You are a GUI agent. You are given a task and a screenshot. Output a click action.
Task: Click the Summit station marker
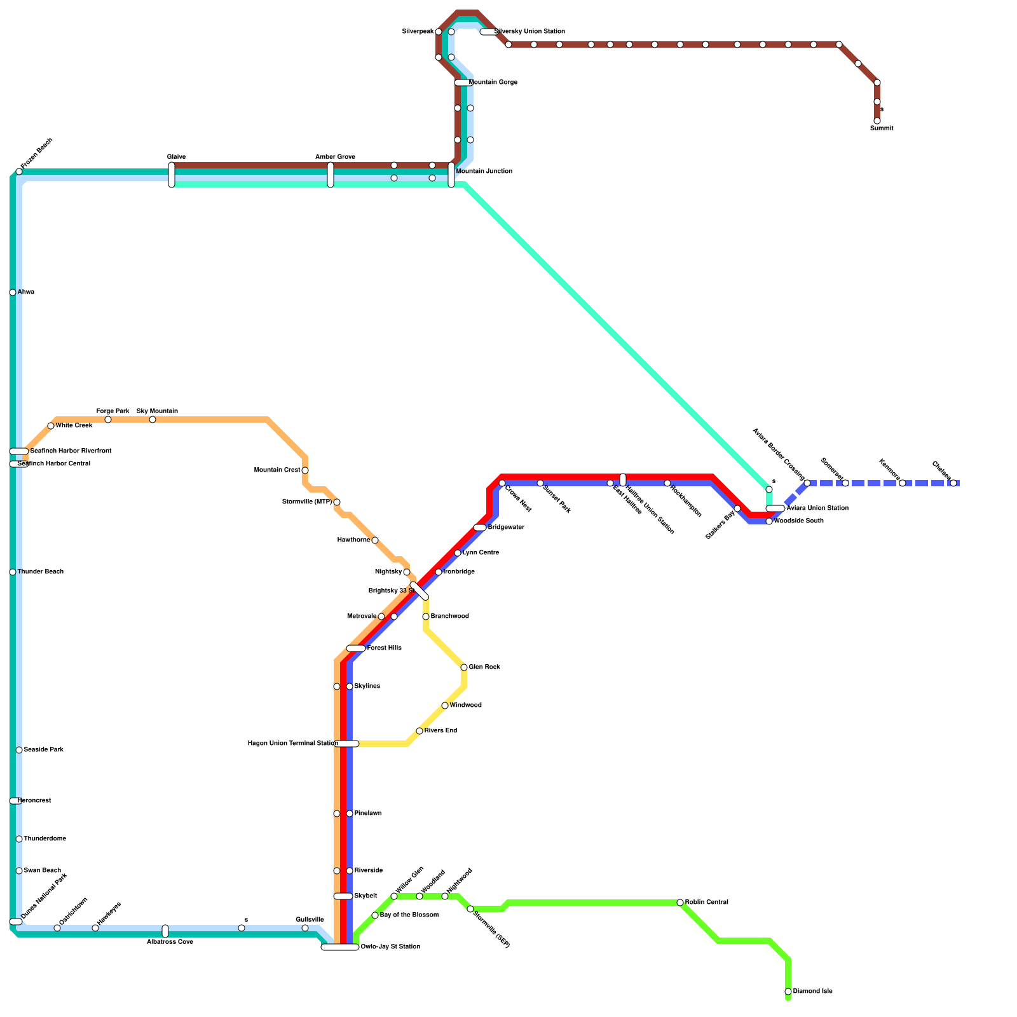point(877,121)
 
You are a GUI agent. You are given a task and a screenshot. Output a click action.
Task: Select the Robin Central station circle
point(680,903)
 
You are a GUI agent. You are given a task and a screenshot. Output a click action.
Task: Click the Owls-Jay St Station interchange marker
point(340,947)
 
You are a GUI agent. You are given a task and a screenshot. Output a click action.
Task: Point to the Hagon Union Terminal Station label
point(292,744)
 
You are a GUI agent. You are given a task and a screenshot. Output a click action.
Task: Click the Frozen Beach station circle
point(19,172)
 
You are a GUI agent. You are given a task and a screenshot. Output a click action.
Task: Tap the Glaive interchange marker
point(172,175)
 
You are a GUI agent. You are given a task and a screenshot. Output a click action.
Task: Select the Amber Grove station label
point(335,157)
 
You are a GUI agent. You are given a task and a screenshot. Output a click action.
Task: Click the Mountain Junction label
point(484,172)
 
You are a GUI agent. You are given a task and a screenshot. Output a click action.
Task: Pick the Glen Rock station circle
point(464,667)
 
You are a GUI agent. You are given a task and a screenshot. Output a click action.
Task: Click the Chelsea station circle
point(953,483)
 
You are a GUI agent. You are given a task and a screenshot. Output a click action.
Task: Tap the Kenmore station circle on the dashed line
point(903,483)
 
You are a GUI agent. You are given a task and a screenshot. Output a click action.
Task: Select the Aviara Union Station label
point(817,508)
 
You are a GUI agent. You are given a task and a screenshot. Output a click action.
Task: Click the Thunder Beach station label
point(40,572)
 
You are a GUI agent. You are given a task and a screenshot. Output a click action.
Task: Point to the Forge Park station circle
point(108,420)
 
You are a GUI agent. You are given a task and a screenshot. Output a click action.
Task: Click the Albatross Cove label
point(170,942)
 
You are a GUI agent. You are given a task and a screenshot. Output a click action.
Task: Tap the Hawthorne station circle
point(375,540)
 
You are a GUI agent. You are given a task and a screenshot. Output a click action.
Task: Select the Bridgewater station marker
point(480,528)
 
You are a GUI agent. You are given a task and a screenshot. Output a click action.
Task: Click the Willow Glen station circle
point(394,896)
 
